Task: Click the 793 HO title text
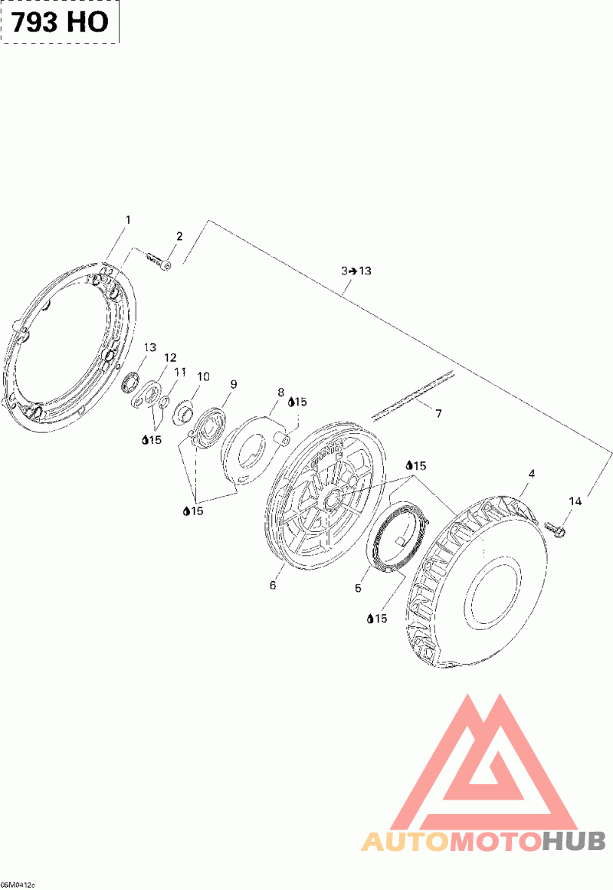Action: [61, 22]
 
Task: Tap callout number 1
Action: [128, 220]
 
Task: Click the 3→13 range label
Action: [356, 271]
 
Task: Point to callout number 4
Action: [531, 474]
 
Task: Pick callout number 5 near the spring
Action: [358, 588]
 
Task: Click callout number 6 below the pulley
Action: [273, 585]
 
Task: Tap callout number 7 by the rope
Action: [439, 414]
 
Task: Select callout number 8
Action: [280, 392]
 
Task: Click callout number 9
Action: [233, 384]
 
